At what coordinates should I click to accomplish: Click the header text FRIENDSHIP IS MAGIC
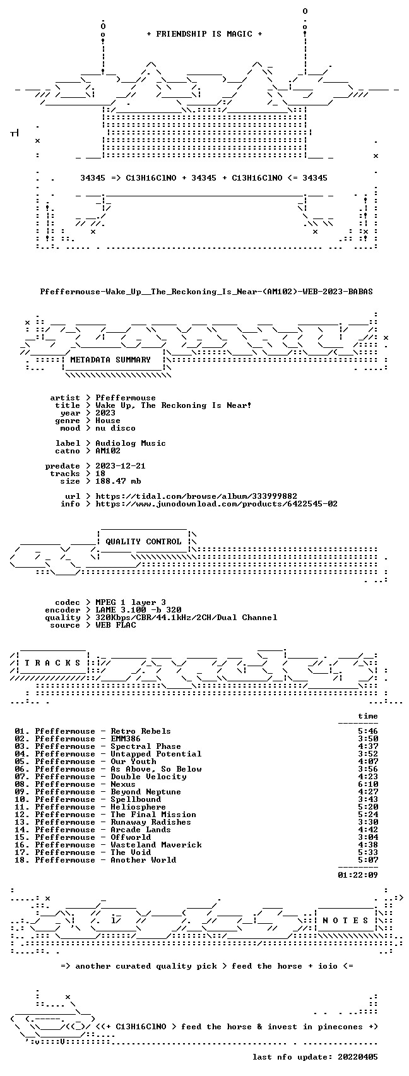[x=204, y=34]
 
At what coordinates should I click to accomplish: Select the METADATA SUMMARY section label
[x=110, y=360]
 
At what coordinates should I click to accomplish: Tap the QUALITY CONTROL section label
[x=143, y=542]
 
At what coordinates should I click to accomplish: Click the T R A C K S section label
[x=52, y=663]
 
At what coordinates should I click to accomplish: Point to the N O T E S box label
[x=345, y=921]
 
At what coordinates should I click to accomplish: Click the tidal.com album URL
[x=196, y=496]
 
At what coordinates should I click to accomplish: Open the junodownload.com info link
[x=216, y=504]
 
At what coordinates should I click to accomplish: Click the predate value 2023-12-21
[x=121, y=466]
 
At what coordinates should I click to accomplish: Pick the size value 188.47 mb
[x=118, y=481]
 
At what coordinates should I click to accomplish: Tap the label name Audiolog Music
[x=131, y=443]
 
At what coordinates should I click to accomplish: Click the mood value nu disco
[x=116, y=428]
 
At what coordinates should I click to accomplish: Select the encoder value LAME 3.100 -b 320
[x=138, y=610]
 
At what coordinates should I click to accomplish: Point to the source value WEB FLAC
[x=116, y=625]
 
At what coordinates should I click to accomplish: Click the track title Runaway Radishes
[x=151, y=822]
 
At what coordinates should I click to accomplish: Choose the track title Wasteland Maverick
[x=156, y=845]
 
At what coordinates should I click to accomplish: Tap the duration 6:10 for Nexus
[x=368, y=784]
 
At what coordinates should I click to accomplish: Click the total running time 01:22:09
[x=358, y=875]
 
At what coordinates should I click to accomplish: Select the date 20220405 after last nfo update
[x=358, y=1057]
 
